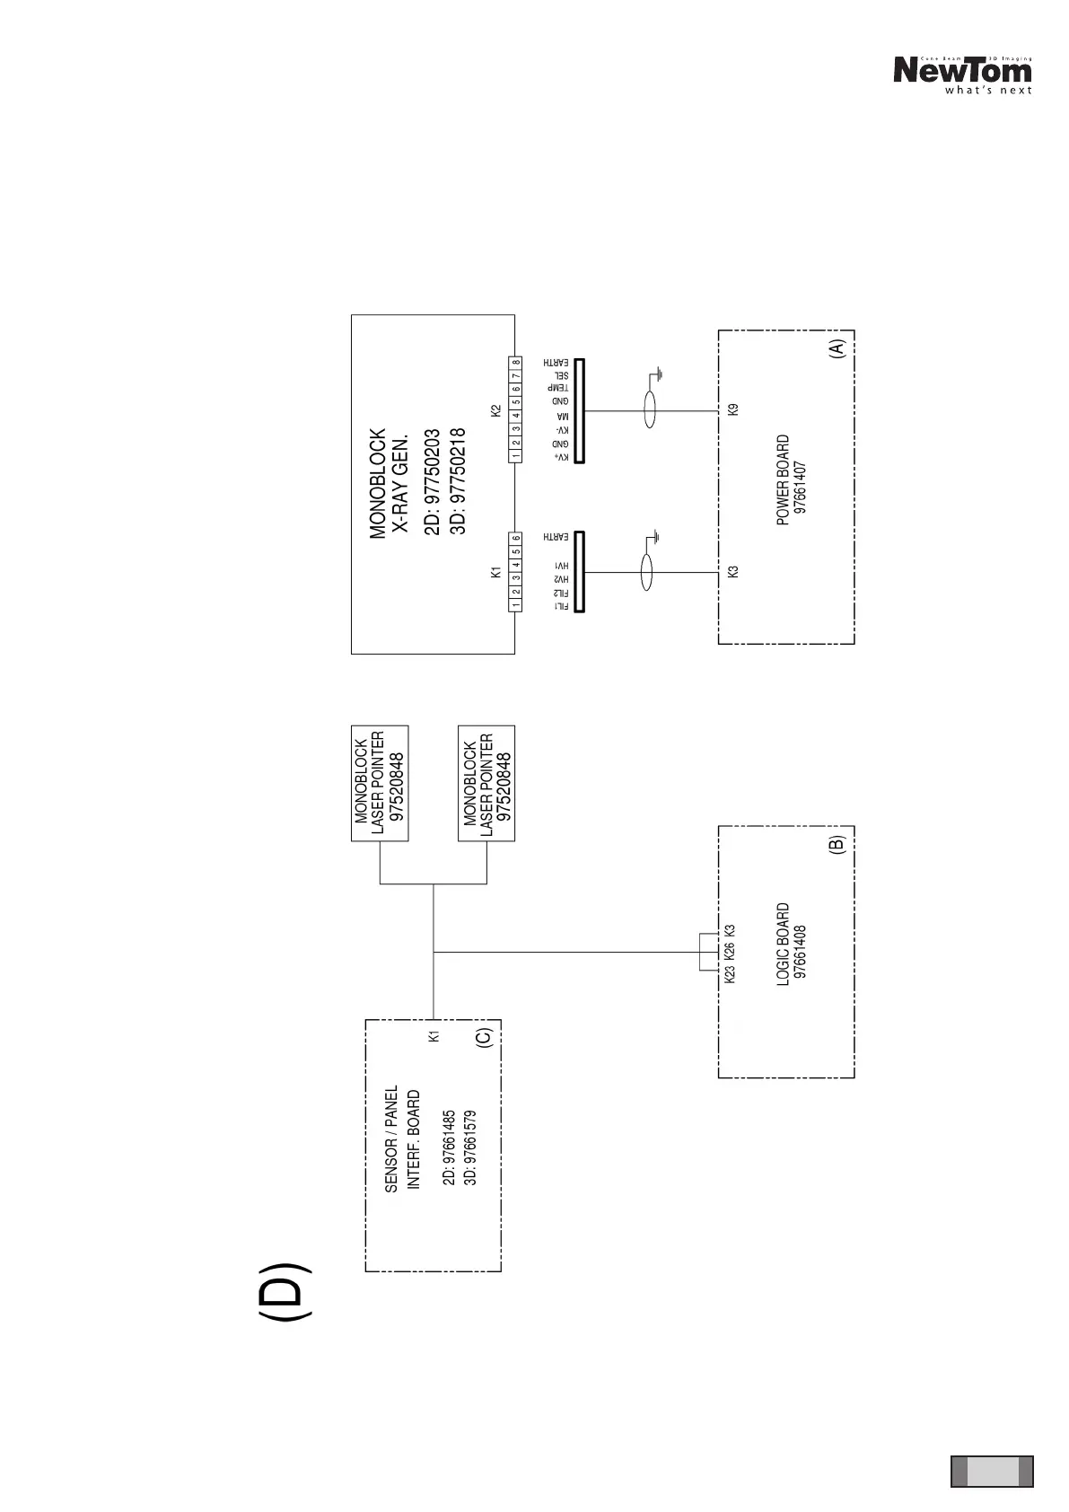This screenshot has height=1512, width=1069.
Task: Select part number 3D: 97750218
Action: tap(458, 481)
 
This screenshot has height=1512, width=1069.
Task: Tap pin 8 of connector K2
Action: tap(516, 363)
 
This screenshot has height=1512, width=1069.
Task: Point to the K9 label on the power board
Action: tap(733, 409)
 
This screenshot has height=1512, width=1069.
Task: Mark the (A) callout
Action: tap(837, 349)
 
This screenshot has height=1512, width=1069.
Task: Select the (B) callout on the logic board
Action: tap(837, 845)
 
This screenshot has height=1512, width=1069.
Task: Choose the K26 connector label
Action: tap(730, 951)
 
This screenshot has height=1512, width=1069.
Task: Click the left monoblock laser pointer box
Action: tap(380, 783)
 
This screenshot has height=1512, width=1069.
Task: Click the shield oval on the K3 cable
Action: tap(645, 573)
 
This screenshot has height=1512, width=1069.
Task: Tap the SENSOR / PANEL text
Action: tap(391, 1138)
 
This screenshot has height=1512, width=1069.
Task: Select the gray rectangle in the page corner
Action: tap(992, 1471)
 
